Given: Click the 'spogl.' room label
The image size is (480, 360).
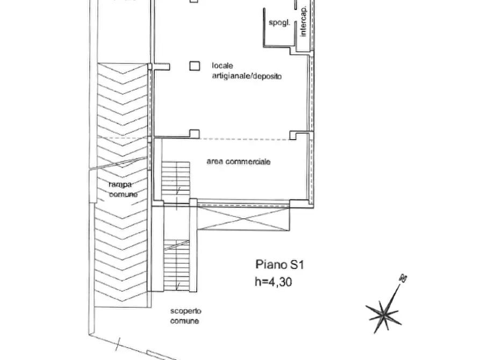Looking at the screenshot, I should (x=280, y=23).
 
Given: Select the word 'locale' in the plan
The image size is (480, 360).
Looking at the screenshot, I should (x=222, y=66).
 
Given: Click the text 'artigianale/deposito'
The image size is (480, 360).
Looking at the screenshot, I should (x=245, y=77).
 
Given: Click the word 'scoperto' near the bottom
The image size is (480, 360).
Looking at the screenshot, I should (x=185, y=311).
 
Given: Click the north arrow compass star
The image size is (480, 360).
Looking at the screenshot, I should (x=383, y=312).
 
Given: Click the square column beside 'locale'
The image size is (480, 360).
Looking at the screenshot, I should (x=194, y=66).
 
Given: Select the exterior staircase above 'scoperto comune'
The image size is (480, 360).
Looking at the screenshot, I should (x=176, y=265).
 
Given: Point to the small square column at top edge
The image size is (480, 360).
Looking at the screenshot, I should (x=194, y=2).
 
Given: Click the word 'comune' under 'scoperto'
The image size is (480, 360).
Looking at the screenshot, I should (x=185, y=321).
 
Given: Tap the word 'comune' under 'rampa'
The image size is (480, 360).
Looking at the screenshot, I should (x=123, y=194).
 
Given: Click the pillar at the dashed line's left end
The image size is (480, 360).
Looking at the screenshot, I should (x=194, y=133).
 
